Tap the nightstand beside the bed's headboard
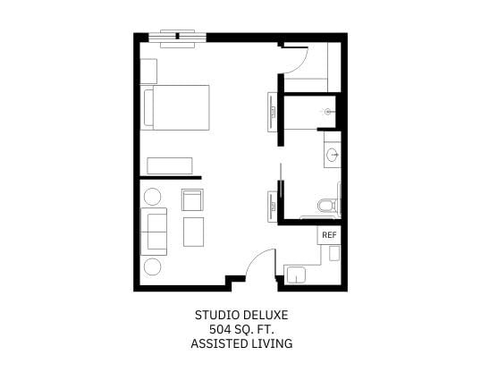point(148,71)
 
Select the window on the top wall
point(177,38)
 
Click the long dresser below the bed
point(169,165)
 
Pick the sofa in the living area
point(154,231)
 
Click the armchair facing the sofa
point(192,200)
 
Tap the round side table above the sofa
point(153,196)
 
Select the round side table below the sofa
point(153,266)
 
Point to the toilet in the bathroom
point(325,207)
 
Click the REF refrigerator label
point(328,234)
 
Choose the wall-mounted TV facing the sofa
point(272,206)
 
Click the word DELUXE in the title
point(266,315)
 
